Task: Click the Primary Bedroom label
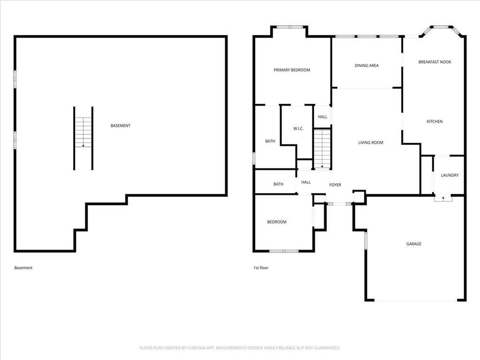click(x=292, y=70)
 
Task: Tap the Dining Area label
click(x=367, y=66)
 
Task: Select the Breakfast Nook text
click(x=435, y=62)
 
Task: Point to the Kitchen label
click(x=435, y=121)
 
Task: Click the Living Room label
click(x=371, y=142)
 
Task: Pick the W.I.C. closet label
click(x=298, y=128)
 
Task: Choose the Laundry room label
click(x=450, y=175)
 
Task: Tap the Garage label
click(x=413, y=244)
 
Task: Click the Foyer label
click(x=335, y=185)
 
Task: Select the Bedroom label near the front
click(x=277, y=222)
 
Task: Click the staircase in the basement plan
click(x=83, y=132)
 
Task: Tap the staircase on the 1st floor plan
click(x=322, y=149)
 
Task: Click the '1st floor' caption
click(x=261, y=268)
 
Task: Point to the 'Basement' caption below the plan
click(x=23, y=268)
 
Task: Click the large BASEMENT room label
click(x=120, y=126)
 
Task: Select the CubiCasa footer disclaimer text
click(x=240, y=348)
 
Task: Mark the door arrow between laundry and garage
click(x=443, y=198)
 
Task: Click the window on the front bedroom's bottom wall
click(x=284, y=251)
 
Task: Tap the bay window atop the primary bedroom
click(x=290, y=27)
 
